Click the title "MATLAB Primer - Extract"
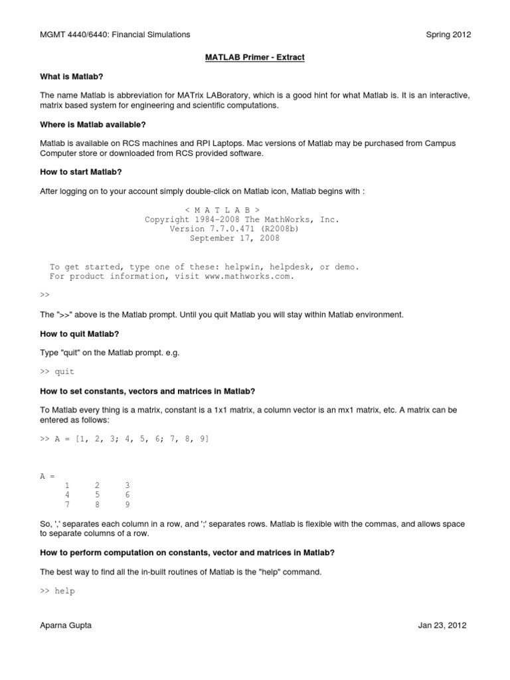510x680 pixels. tap(254, 58)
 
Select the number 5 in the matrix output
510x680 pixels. tap(97, 495)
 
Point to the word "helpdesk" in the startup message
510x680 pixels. tap(285, 267)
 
